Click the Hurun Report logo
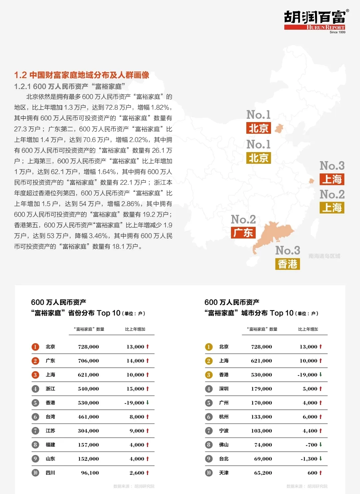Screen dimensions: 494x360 click(x=315, y=21)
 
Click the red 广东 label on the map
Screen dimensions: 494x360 click(x=243, y=233)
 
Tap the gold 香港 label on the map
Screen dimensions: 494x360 click(x=287, y=264)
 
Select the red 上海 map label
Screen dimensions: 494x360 click(x=332, y=179)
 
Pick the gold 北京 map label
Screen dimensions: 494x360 click(x=258, y=158)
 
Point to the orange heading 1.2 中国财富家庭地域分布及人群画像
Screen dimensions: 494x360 click(x=82, y=75)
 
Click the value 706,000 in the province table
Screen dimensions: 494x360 click(x=88, y=361)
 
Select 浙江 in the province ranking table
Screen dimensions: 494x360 click(x=50, y=389)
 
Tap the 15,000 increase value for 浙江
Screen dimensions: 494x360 click(x=135, y=389)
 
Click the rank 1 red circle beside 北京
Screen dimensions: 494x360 click(x=35, y=347)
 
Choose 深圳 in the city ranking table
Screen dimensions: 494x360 click(x=224, y=389)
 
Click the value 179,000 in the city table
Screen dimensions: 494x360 click(x=261, y=389)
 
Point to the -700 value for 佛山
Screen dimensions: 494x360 click(x=311, y=445)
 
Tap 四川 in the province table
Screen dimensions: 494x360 click(x=50, y=473)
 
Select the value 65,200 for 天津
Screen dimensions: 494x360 click(x=263, y=473)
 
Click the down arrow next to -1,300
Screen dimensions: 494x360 click(x=321, y=459)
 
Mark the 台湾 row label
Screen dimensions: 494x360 click(x=50, y=417)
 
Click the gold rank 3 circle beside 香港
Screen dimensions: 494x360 click(x=209, y=375)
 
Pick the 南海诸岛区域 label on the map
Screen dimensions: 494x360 click(x=324, y=256)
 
